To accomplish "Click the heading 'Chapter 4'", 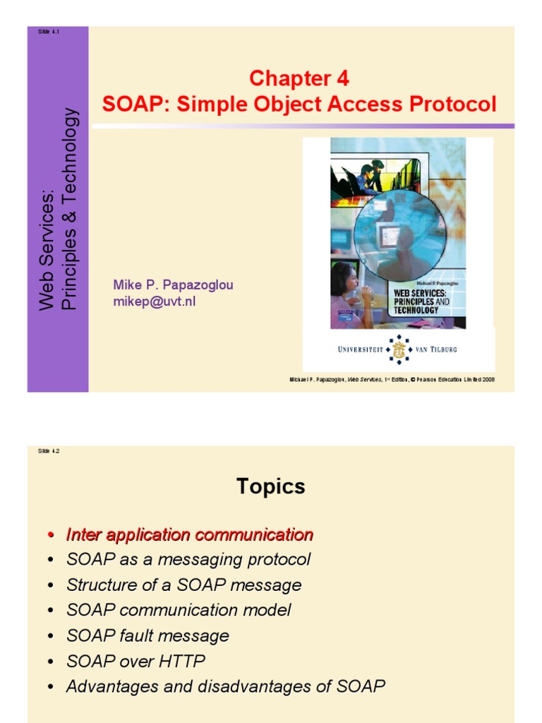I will click(299, 78).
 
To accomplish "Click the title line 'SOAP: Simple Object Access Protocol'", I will click(299, 104).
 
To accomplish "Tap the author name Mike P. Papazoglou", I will click(173, 285).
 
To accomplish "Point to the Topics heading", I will click(271, 486).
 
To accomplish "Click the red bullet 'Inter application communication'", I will click(189, 534).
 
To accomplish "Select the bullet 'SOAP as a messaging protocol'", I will click(188, 560).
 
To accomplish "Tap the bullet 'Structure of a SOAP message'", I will click(183, 585).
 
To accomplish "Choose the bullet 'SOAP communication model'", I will click(179, 610).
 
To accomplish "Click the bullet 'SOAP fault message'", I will click(147, 635).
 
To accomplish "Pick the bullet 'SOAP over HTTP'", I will click(135, 661).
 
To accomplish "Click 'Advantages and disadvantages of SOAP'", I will click(225, 686).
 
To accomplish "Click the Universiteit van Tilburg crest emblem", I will click(399, 349).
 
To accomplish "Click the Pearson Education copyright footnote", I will click(392, 379).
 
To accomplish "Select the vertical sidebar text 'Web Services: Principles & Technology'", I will click(58, 209).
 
